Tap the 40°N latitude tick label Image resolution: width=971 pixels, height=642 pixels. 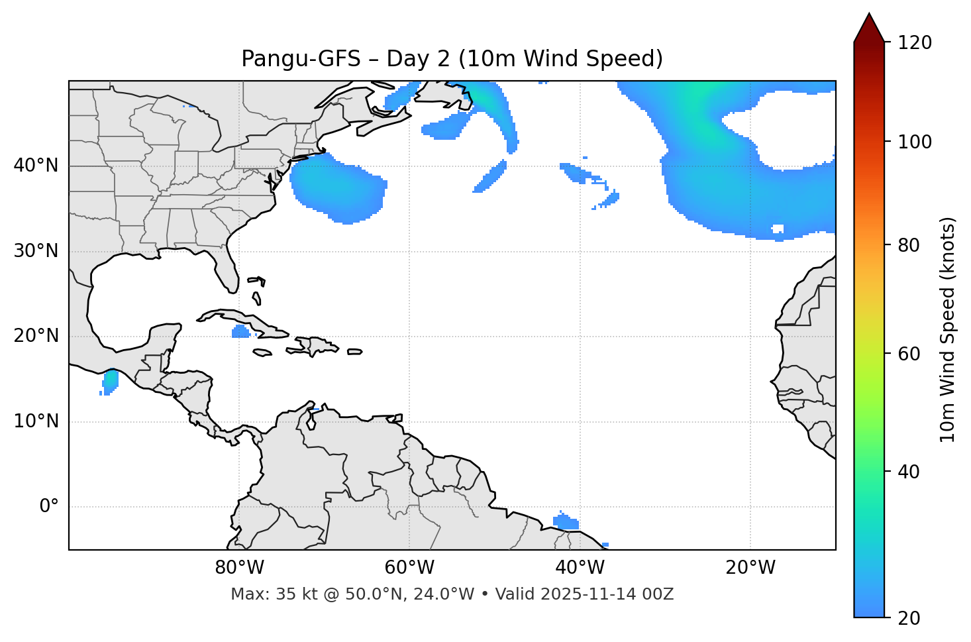[36, 166]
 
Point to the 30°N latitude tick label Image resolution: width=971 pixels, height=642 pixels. [36, 251]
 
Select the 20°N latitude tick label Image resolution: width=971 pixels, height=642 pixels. [36, 336]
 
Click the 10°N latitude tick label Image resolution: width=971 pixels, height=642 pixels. [36, 421]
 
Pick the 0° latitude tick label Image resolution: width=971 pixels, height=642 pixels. [49, 507]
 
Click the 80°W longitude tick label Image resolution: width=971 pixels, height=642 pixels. [239, 568]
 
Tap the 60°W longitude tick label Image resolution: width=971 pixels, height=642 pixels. [409, 568]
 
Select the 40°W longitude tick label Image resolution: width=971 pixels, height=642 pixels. [580, 568]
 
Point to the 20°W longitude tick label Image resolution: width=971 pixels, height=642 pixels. [750, 568]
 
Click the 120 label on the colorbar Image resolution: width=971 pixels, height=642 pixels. [915, 43]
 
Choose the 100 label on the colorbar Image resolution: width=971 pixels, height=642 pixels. [915, 142]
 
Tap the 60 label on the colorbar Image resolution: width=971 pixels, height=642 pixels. [909, 354]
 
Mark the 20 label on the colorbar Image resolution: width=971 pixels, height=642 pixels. [909, 618]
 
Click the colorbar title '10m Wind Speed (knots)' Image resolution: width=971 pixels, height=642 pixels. [948, 329]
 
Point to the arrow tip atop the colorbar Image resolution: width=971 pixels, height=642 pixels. [869, 14]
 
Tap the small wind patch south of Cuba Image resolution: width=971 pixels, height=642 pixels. [240, 331]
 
